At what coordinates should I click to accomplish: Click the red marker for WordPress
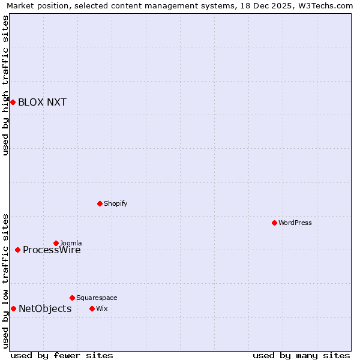click(274, 223)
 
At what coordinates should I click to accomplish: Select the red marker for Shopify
click(100, 203)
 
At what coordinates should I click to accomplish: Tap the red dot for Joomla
click(56, 243)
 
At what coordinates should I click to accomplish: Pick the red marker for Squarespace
click(72, 298)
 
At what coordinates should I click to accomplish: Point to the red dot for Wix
click(92, 308)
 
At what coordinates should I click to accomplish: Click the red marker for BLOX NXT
click(13, 102)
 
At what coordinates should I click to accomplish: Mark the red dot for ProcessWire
click(17, 250)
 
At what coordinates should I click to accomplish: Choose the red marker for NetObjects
click(13, 308)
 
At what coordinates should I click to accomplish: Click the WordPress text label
click(295, 223)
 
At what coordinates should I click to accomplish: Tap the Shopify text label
click(116, 203)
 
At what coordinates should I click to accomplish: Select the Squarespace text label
click(97, 298)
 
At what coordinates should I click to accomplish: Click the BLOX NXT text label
click(42, 102)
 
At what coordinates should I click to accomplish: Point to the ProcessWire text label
click(52, 250)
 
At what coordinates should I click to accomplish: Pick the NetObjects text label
click(45, 309)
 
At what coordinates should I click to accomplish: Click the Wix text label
click(101, 308)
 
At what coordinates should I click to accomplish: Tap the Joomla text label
click(71, 243)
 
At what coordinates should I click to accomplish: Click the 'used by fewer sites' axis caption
click(62, 355)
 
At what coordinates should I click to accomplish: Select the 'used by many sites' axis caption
click(301, 355)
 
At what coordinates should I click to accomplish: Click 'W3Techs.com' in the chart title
click(326, 6)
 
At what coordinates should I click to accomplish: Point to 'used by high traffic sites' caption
click(6, 85)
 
